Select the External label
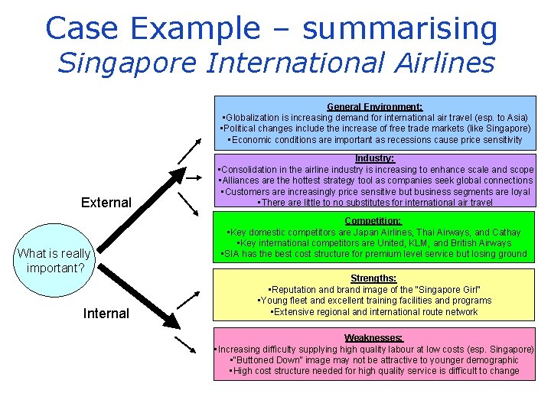pyautogui.click(x=106, y=203)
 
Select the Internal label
pyautogui.click(x=106, y=314)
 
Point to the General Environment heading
pyautogui.click(x=374, y=108)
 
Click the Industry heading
pyautogui.click(x=374, y=158)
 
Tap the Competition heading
pyautogui.click(x=374, y=221)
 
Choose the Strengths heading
pyautogui.click(x=374, y=278)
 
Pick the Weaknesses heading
pyautogui.click(x=374, y=337)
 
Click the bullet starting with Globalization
pyautogui.click(x=374, y=118)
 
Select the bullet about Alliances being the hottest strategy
pyautogui.click(x=374, y=180)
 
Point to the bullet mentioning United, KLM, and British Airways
pyautogui.click(x=374, y=243)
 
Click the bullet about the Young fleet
pyautogui.click(x=374, y=301)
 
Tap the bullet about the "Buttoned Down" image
pyautogui.click(x=374, y=360)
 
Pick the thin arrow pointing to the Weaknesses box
pyautogui.click(x=186, y=346)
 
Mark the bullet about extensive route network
pyautogui.click(x=374, y=312)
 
